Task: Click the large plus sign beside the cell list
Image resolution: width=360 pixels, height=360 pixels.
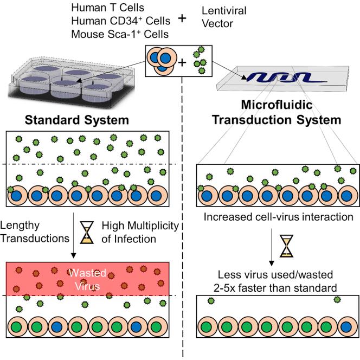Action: (183, 18)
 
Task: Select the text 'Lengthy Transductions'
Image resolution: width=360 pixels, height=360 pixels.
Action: (34, 232)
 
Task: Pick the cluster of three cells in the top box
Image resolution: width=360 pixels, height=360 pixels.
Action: (162, 61)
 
